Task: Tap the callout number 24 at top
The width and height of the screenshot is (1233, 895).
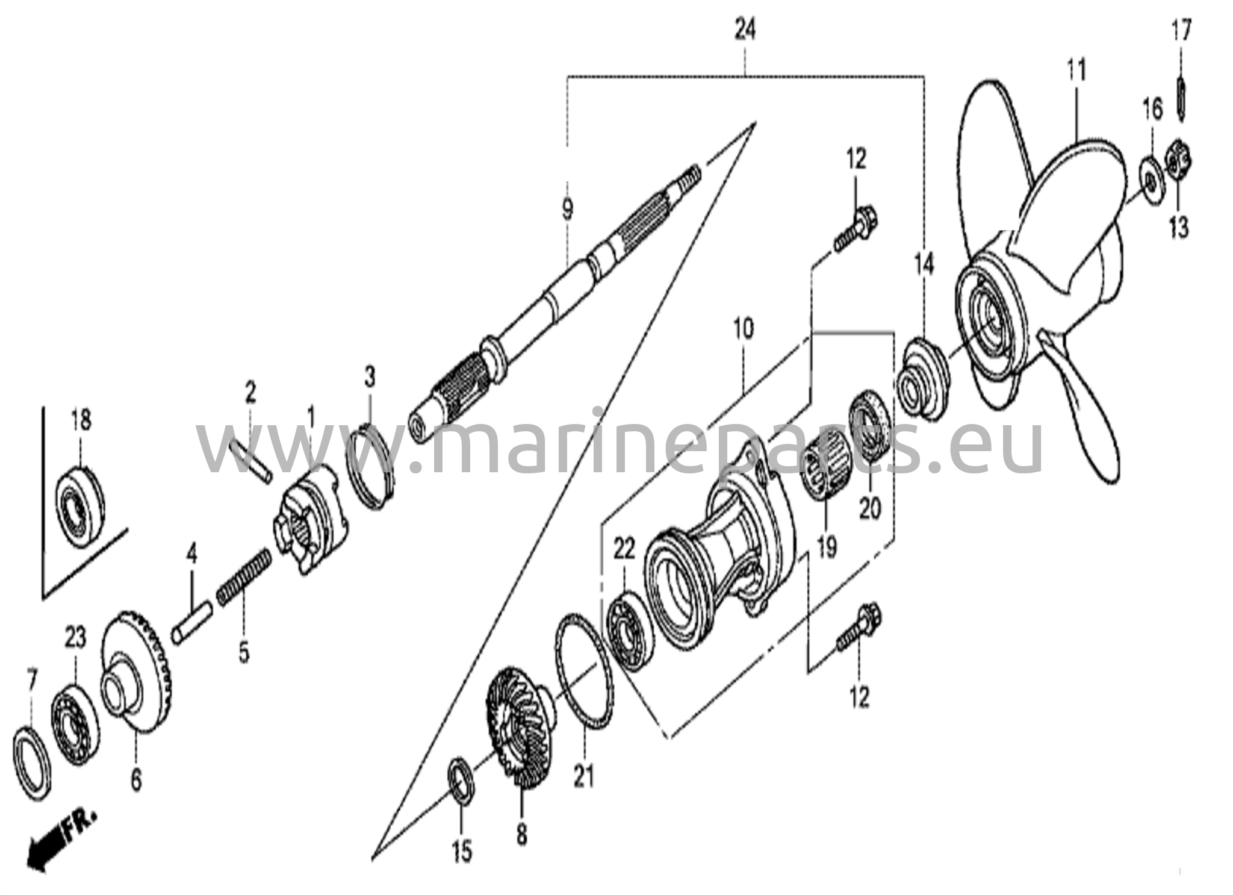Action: (745, 30)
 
